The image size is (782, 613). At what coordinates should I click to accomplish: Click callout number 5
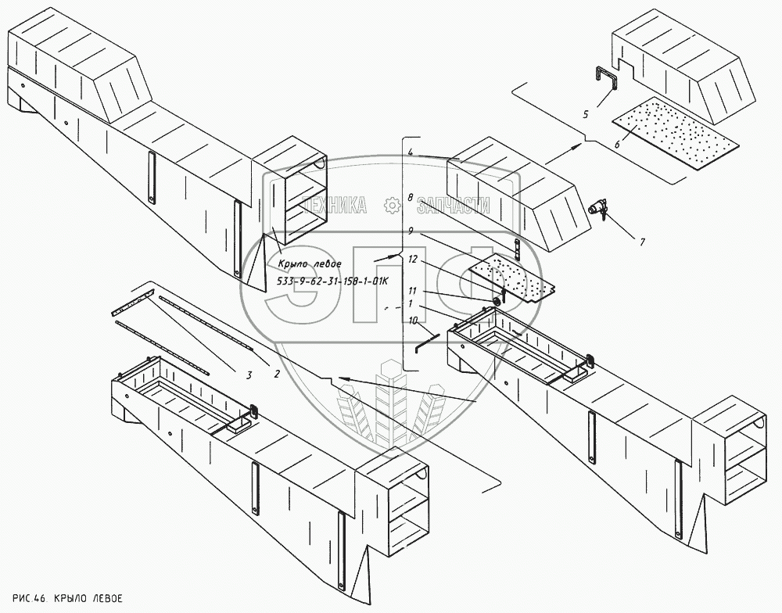tap(584, 115)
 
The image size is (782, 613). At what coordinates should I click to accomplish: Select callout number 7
tap(641, 242)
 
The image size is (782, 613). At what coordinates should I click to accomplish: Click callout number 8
tap(410, 199)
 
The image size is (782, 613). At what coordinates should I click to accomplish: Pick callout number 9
tap(410, 231)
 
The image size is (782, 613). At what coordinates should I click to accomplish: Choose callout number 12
tap(412, 259)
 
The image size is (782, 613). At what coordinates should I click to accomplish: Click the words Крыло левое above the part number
tap(310, 263)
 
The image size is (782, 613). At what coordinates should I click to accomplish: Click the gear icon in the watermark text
tap(392, 205)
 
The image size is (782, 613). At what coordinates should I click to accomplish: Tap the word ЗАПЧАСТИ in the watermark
tap(453, 206)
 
